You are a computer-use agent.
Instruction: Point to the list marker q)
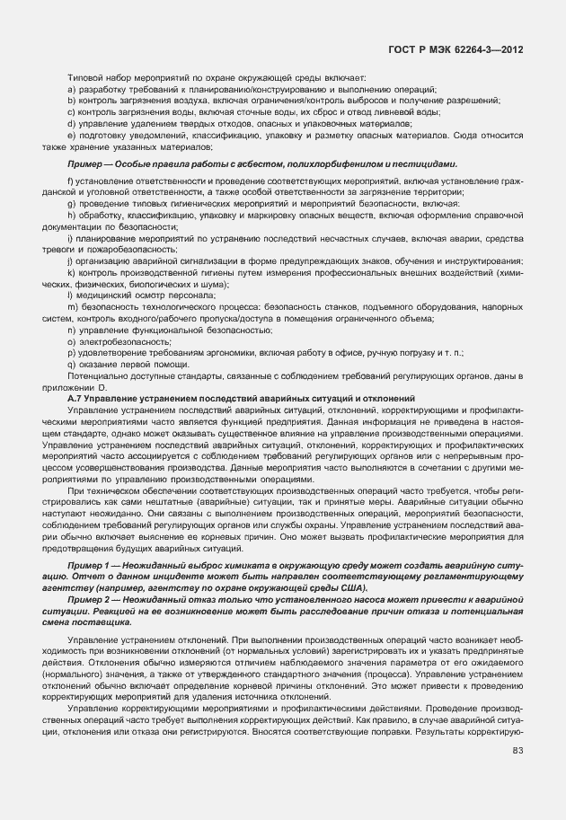click(x=71, y=365)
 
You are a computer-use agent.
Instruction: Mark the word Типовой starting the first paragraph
click(x=86, y=77)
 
